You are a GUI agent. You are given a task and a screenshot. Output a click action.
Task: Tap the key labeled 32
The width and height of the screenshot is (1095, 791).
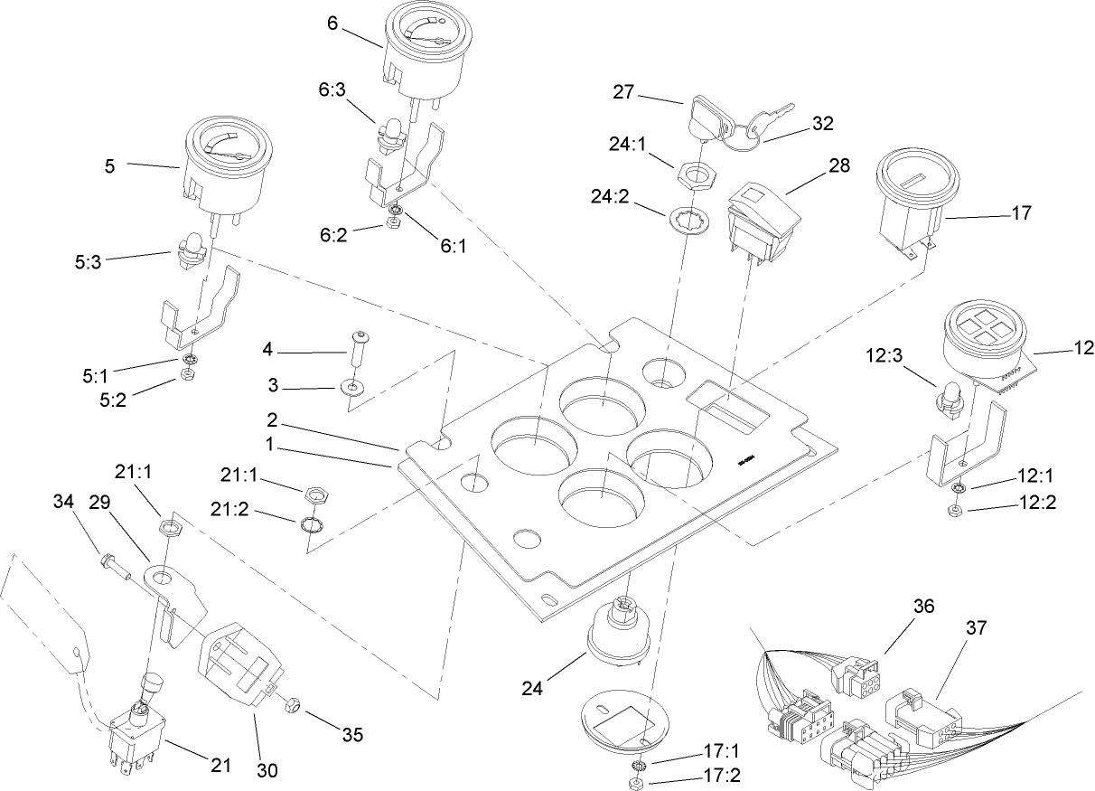click(757, 122)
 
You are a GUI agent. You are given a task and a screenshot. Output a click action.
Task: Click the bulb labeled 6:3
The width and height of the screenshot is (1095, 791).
click(389, 134)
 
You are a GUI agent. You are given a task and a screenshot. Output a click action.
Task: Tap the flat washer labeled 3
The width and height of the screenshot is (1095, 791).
click(351, 388)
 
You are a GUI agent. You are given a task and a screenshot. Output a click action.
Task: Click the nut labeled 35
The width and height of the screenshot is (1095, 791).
click(295, 704)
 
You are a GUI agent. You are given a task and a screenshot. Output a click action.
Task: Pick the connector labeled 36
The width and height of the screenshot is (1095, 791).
click(856, 670)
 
